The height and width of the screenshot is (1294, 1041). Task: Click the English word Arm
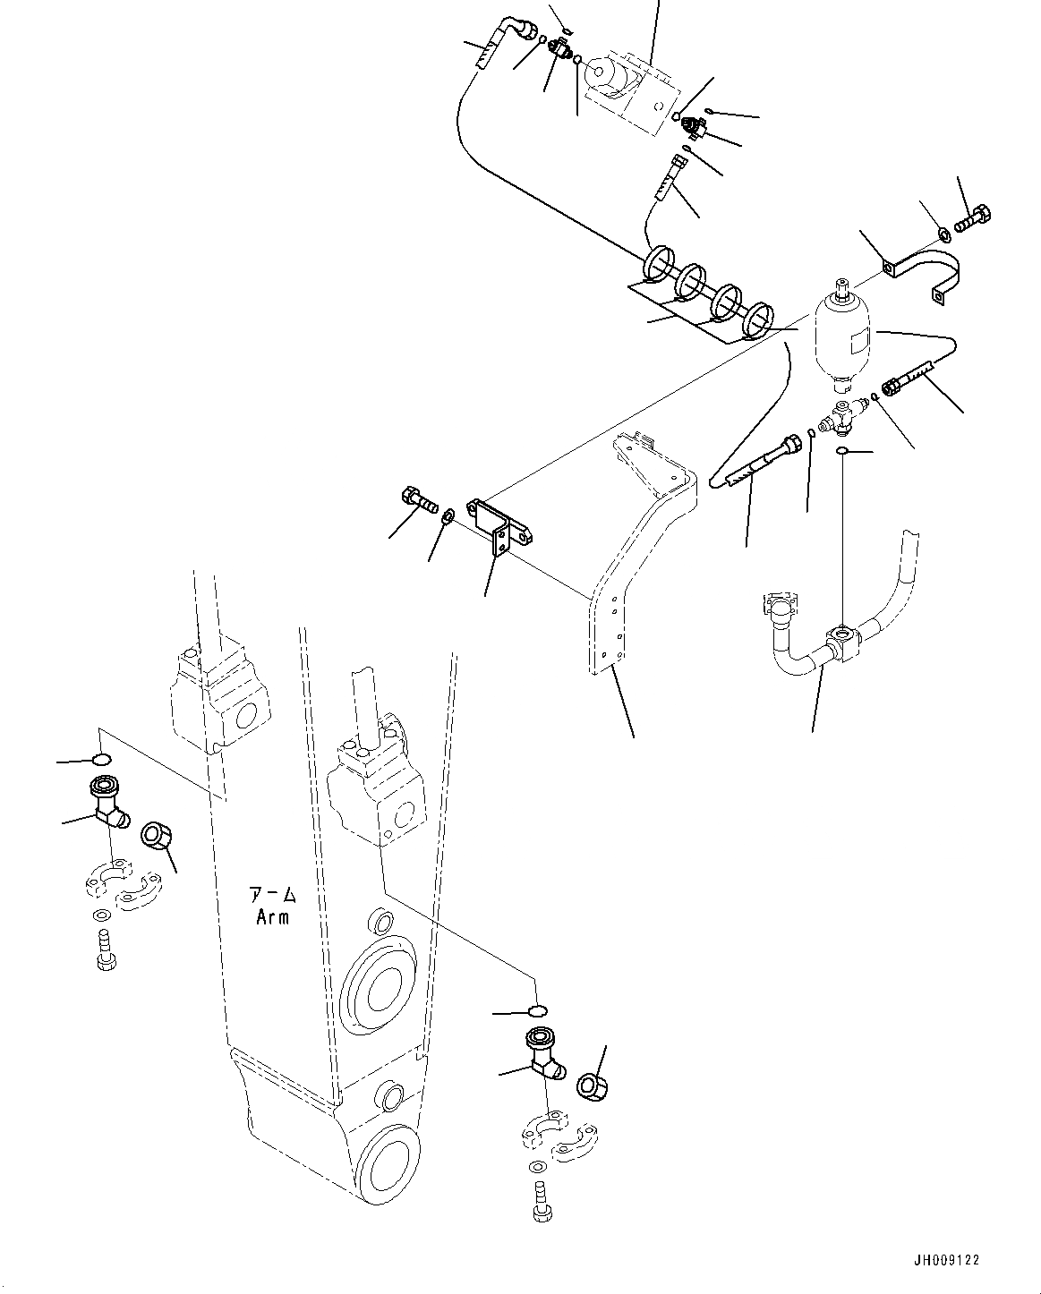(271, 917)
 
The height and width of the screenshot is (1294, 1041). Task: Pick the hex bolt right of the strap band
(973, 217)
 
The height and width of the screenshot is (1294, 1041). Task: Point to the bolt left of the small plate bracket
(418, 502)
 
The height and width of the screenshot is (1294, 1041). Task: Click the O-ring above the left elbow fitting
(102, 761)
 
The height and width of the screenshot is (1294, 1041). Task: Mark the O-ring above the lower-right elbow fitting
(535, 1011)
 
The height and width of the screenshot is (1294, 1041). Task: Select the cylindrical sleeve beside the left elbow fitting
(158, 840)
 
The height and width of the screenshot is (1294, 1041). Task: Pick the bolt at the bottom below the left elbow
(103, 951)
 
